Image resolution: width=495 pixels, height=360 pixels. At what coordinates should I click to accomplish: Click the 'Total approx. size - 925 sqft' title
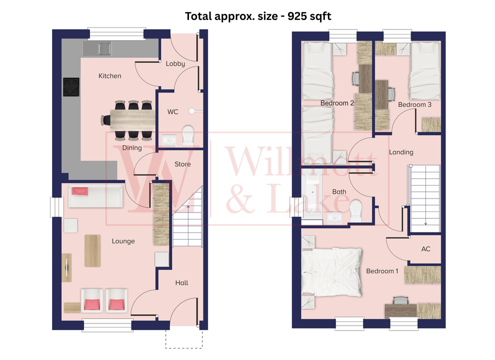(x=258, y=16)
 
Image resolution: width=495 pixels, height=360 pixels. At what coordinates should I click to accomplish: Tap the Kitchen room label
(x=109, y=76)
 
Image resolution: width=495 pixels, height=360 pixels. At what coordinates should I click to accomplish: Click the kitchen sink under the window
(x=104, y=48)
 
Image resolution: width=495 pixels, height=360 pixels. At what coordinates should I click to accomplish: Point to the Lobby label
(x=175, y=63)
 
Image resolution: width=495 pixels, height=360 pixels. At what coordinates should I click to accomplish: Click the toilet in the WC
(x=188, y=135)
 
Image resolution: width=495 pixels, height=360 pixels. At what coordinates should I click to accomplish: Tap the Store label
(x=182, y=164)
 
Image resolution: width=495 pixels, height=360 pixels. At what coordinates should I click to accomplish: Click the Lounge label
(x=123, y=241)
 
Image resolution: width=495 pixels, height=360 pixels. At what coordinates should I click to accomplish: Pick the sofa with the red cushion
(x=95, y=196)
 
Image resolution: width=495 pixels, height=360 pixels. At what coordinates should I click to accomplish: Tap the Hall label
(x=181, y=282)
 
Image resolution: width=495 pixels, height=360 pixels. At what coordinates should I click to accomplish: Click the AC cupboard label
(x=425, y=248)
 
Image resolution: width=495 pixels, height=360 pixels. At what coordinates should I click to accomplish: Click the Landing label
(x=401, y=152)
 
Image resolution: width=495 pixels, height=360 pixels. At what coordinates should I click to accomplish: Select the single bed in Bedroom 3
(x=424, y=70)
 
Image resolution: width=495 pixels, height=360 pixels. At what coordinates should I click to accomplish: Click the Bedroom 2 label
(x=337, y=103)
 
